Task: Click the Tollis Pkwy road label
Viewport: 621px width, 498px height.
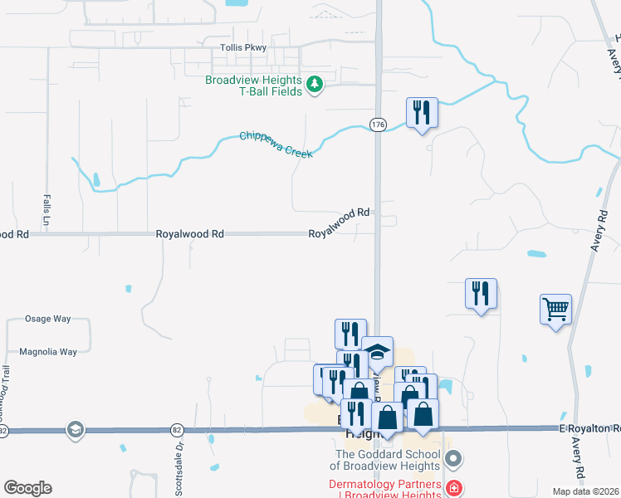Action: [x=244, y=48]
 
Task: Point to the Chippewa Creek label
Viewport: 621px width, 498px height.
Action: [x=276, y=145]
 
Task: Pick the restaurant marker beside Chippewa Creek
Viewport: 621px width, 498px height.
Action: [x=422, y=113]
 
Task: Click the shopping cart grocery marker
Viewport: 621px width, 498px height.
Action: [x=555, y=310]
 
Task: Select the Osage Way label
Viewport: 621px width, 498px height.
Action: [x=49, y=319]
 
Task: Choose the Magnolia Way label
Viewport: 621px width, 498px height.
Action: [x=48, y=352]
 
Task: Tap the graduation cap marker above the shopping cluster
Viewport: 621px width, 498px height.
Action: [x=377, y=351]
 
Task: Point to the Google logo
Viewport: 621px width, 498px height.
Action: [x=27, y=488]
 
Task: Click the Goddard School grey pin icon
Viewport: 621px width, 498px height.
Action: [x=452, y=458]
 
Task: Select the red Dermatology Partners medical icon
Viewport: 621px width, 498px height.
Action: [x=453, y=487]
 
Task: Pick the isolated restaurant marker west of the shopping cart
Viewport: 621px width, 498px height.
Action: [x=481, y=294]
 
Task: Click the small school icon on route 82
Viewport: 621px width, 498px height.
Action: [x=76, y=429]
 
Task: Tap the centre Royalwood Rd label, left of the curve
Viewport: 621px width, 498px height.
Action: [x=190, y=235]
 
